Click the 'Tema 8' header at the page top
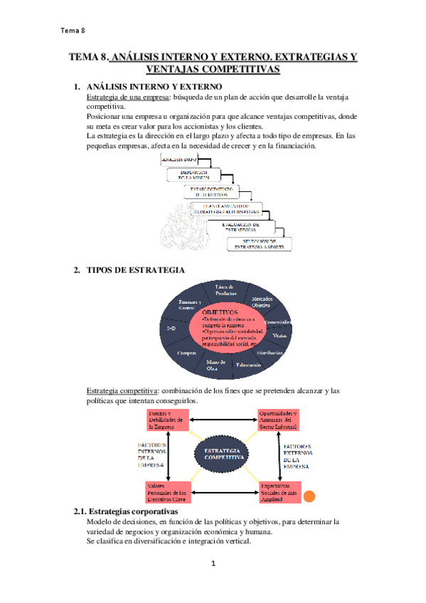coord(73,31)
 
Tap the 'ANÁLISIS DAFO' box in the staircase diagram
coord(179,161)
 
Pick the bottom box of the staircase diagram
coord(260,244)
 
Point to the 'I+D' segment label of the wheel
coord(171,329)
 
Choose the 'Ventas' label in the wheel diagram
coord(279,335)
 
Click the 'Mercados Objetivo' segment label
coord(262,301)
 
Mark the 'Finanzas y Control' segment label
coord(187,304)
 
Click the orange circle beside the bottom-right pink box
coord(309,497)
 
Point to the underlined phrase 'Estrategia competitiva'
coord(122,391)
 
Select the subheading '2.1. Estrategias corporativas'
coord(126,512)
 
